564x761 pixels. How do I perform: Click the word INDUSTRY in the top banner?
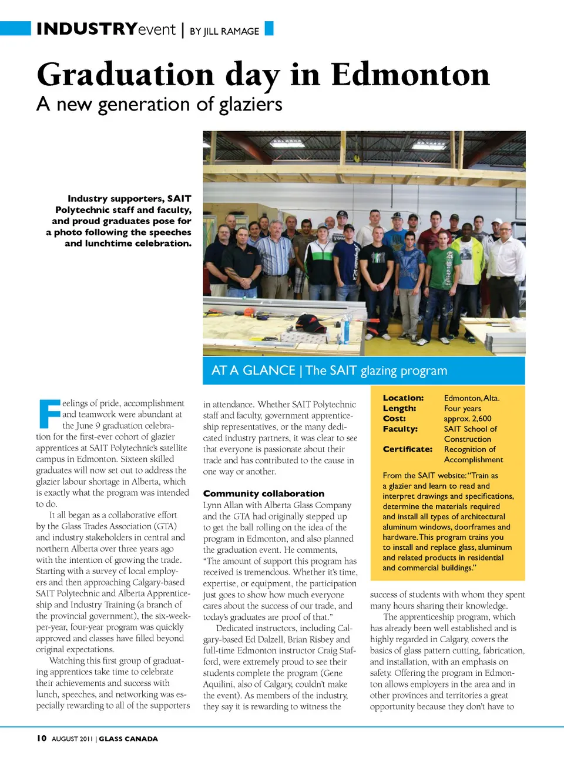tap(86, 29)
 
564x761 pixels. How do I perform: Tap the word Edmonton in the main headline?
tap(410, 75)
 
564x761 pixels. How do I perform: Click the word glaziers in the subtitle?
tap(250, 105)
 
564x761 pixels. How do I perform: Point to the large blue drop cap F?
tap(49, 413)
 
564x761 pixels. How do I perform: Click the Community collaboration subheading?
tap(264, 493)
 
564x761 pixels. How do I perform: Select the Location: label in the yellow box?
tap(403, 398)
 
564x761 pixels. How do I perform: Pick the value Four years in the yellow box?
tap(462, 409)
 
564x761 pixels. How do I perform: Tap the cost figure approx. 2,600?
tap(468, 419)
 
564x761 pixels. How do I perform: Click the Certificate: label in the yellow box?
tap(407, 449)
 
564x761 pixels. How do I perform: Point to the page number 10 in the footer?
tap(41, 738)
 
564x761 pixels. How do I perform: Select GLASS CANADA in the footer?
tap(128, 739)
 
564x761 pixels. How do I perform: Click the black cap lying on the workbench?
tap(311, 322)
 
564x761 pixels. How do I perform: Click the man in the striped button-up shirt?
tap(275, 259)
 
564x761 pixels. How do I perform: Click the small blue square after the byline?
tap(269, 28)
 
